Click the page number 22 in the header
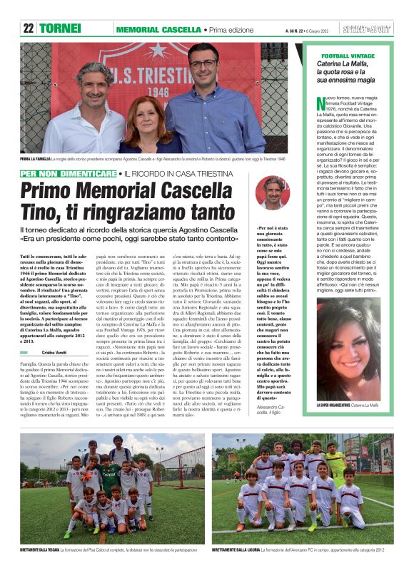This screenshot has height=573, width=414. click(28, 29)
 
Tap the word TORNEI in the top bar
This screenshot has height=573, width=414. click(60, 29)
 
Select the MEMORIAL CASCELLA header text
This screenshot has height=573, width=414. click(158, 30)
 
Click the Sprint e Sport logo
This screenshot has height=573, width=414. click(368, 29)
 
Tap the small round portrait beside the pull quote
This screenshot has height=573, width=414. click(272, 192)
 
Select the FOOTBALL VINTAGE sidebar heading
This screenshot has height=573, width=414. click(350, 56)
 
